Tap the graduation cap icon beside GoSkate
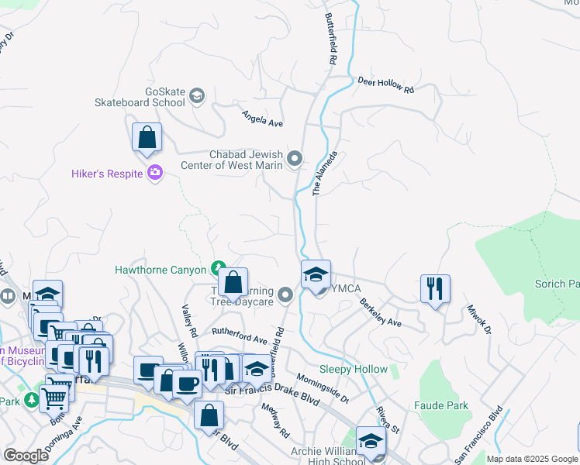pos(197,95)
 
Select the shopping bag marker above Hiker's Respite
pos(147,139)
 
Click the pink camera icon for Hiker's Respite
pos(155,173)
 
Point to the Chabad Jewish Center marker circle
pos(295,160)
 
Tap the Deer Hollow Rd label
pos(385,85)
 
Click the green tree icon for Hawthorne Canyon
pos(219,269)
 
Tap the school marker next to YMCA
pos(316,275)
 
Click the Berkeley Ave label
pos(380,312)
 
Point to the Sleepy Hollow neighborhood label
pos(354,370)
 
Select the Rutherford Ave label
pos(239,335)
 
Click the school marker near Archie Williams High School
pos(371,442)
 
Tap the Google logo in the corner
pos(26,456)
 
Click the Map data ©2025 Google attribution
pos(531,459)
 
